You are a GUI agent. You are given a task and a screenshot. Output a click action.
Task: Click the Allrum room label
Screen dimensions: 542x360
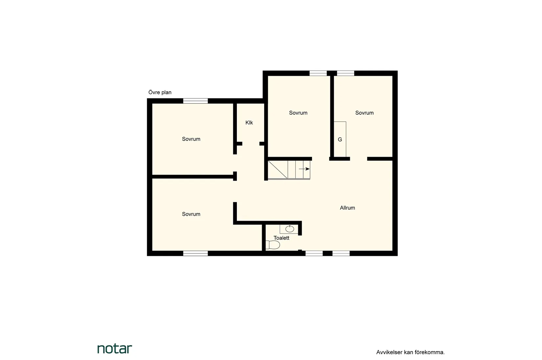347,208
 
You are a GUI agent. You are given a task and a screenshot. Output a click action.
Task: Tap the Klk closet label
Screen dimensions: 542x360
249,123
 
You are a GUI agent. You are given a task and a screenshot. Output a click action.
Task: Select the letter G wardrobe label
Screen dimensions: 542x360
340,140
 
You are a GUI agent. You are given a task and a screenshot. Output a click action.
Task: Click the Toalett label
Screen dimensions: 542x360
282,238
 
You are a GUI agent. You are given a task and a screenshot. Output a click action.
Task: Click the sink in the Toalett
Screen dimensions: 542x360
289,229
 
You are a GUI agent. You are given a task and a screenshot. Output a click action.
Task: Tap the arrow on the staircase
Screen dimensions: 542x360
304,169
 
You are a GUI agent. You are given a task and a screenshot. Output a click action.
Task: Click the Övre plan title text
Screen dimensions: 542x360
160,92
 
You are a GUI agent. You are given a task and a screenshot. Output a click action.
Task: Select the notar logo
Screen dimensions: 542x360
115,349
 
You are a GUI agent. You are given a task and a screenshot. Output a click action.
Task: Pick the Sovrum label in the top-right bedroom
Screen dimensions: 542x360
364,113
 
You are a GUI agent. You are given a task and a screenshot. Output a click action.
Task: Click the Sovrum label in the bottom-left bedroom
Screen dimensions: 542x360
191,214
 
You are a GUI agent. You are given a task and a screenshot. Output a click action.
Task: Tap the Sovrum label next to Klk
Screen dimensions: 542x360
191,139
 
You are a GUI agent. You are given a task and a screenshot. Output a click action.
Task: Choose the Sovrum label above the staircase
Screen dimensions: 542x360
298,113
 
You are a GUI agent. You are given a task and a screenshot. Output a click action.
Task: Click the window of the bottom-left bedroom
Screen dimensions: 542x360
195,253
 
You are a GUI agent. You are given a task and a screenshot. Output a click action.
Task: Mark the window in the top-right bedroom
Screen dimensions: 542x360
346,73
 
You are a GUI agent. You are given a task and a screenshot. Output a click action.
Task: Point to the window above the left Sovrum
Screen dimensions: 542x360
195,101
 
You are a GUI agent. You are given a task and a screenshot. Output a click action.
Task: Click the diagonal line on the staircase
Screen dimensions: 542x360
278,169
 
